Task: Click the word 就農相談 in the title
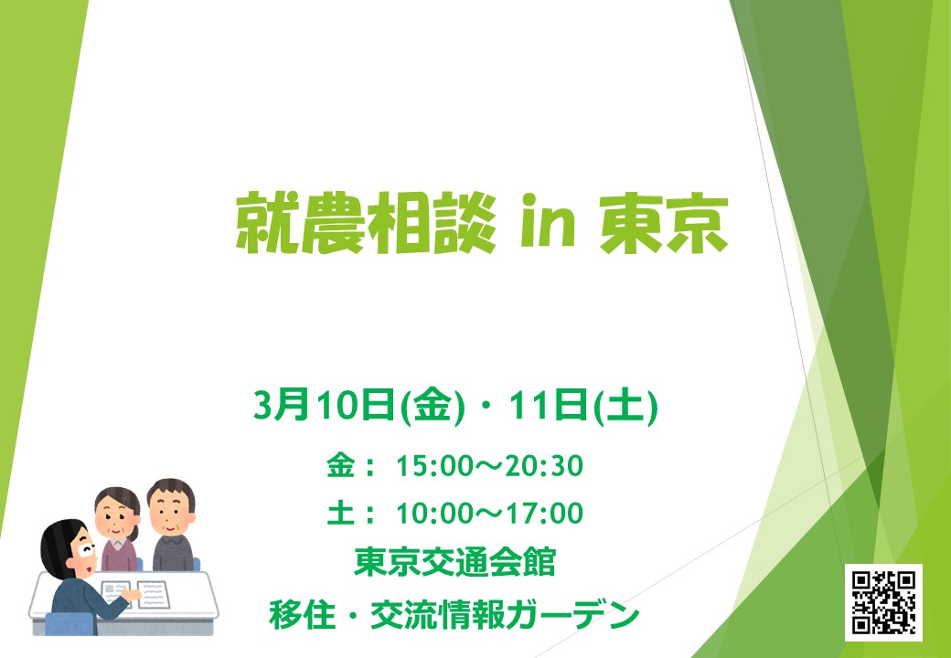click(366, 224)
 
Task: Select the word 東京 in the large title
click(664, 224)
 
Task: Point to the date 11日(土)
click(582, 406)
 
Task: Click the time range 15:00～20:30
click(489, 466)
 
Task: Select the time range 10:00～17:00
click(489, 514)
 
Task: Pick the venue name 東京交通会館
click(454, 563)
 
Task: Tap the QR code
click(883, 602)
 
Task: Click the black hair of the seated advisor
click(58, 546)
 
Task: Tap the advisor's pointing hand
click(131, 595)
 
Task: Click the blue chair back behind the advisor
click(69, 623)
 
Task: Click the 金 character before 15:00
click(341, 466)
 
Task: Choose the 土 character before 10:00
click(341, 514)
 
